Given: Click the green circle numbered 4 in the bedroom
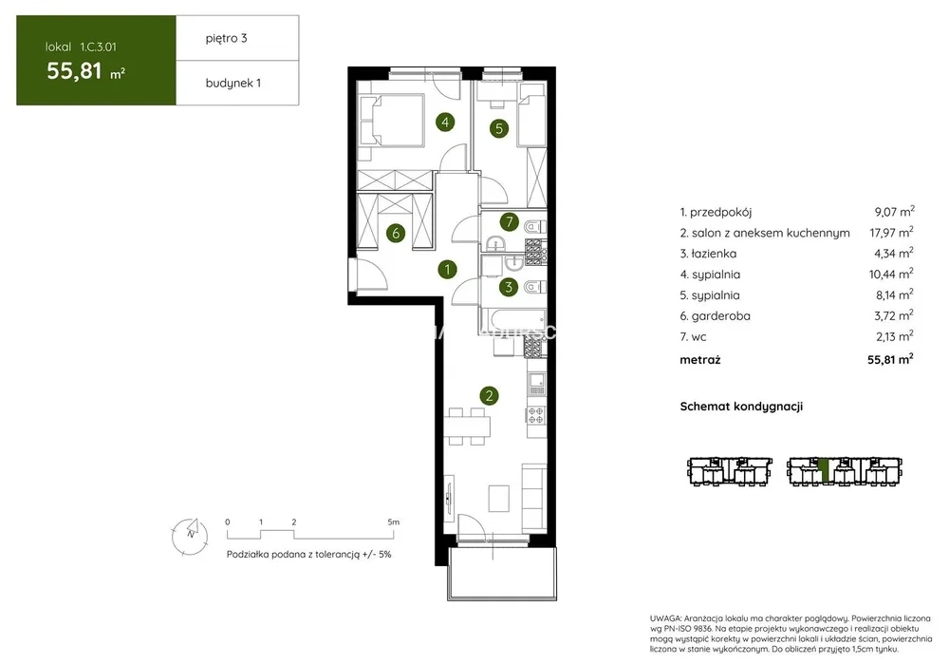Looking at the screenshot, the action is (x=445, y=123).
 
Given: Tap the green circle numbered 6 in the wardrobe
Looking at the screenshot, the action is (x=396, y=233).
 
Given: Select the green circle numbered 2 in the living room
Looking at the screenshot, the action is (x=489, y=396).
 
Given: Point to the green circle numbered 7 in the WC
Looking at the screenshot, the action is (x=510, y=222).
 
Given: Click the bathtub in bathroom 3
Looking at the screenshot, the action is (x=513, y=320).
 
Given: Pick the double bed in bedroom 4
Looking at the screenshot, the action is (x=392, y=120).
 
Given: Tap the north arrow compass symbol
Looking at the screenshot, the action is (x=190, y=536).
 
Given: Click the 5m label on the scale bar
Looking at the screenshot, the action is (x=394, y=522).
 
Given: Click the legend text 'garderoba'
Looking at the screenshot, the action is (x=721, y=316).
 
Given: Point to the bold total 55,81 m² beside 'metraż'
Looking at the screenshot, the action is (x=890, y=359).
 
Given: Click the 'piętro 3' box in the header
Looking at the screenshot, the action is (x=237, y=38).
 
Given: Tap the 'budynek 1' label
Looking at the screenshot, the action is (x=233, y=83).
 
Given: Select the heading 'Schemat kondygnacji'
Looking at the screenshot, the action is (x=741, y=407).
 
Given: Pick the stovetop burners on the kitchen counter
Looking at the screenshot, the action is (x=536, y=415).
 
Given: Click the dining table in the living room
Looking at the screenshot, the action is (x=467, y=427).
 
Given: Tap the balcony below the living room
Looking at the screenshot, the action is (x=502, y=574).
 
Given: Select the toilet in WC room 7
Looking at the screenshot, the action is (x=535, y=227).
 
